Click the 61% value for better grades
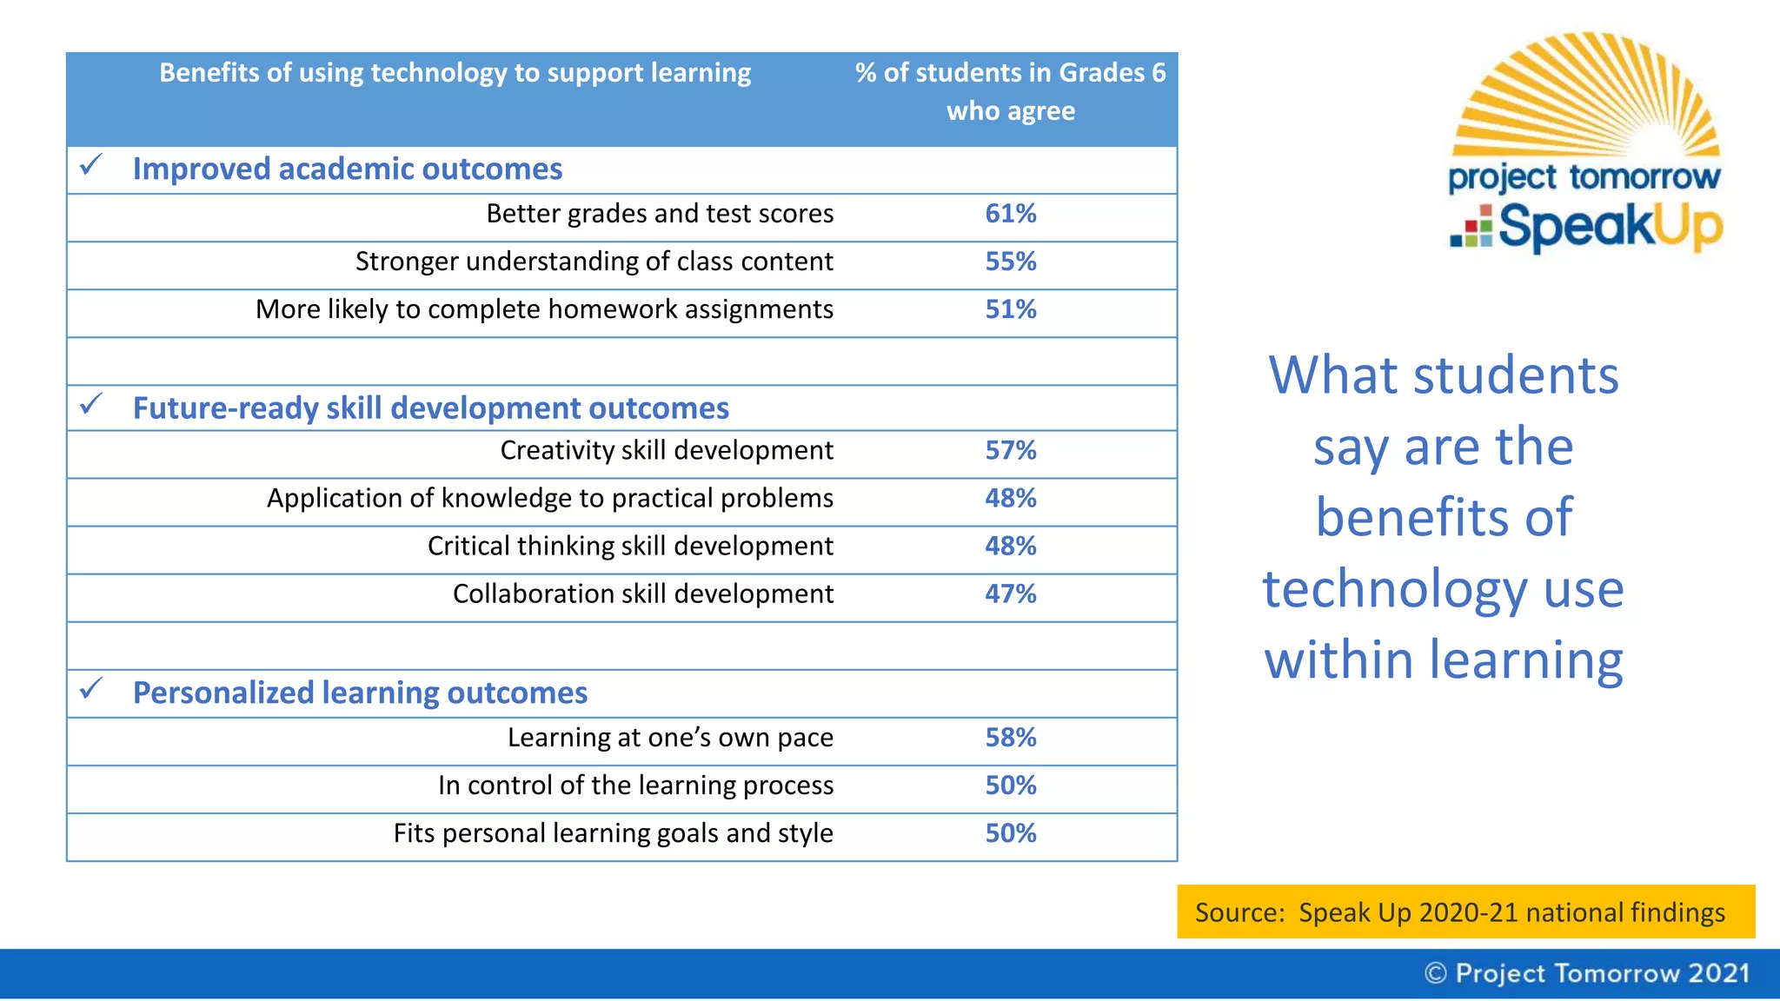(1010, 214)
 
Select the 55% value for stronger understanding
(1010, 262)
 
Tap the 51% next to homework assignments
(1010, 309)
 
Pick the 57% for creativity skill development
(1010, 450)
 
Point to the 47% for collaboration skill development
(1010, 593)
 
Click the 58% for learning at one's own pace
(1010, 738)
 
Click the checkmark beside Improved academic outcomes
(91, 164)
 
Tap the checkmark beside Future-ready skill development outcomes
(91, 404)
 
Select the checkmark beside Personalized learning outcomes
(91, 689)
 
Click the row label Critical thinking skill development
(630, 546)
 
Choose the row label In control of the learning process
(635, 786)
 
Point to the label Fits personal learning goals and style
(613, 833)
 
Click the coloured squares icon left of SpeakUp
(1471, 227)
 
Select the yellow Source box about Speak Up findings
(1465, 912)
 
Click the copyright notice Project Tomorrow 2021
(1586, 973)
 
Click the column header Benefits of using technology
(455, 73)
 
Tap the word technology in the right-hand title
(1394, 589)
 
